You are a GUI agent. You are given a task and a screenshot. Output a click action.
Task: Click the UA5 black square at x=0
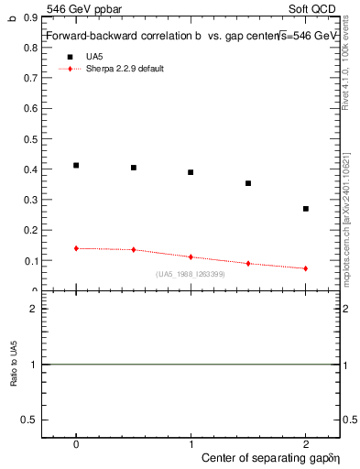tap(76, 166)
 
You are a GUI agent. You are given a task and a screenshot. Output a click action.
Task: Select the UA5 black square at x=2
tap(306, 209)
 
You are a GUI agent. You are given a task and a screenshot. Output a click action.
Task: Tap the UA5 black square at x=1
tap(191, 172)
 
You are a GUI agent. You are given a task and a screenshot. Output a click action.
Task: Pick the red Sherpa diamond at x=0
tap(76, 248)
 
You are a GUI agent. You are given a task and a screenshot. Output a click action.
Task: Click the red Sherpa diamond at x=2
tap(306, 268)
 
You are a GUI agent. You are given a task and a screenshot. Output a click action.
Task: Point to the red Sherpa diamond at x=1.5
tap(248, 264)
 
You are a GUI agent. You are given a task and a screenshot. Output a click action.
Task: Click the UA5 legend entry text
tap(94, 56)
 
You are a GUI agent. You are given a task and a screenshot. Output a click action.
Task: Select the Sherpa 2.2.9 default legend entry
tap(124, 69)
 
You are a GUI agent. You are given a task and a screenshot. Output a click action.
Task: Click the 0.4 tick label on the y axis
tap(30, 169)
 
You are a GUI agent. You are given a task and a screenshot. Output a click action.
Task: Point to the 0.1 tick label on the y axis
tap(30, 261)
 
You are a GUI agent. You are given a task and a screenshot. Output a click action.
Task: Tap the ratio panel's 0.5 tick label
tap(30, 420)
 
